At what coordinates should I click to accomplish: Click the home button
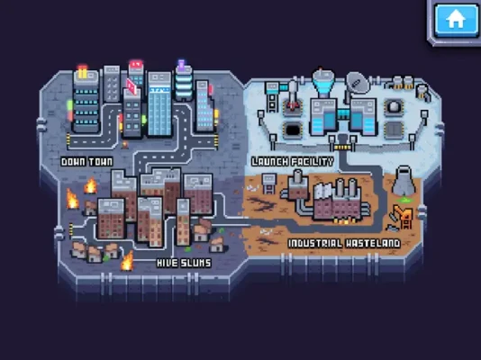[x=456, y=20]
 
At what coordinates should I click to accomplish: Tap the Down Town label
[x=86, y=162]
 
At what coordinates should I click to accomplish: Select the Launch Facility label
[x=293, y=161]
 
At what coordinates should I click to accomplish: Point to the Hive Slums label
[x=184, y=263]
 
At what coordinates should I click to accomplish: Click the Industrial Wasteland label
[x=344, y=244]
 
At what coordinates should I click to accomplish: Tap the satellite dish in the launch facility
[x=358, y=82]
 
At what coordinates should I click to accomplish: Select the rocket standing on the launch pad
[x=293, y=94]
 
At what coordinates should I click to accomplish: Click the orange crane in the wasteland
[x=402, y=217]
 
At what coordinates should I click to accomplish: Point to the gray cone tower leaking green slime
[x=404, y=184]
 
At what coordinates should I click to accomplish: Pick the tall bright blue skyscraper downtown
[x=159, y=104]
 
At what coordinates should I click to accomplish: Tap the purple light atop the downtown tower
[x=182, y=64]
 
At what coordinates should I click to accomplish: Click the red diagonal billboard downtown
[x=132, y=85]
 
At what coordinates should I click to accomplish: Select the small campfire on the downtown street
[x=125, y=144]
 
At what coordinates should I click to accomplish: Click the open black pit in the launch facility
[x=293, y=130]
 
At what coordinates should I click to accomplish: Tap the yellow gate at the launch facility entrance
[x=342, y=148]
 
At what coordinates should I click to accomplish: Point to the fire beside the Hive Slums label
[x=127, y=261]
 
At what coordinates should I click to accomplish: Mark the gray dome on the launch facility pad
[x=394, y=107]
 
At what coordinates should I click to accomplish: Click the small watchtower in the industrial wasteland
[x=269, y=184]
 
